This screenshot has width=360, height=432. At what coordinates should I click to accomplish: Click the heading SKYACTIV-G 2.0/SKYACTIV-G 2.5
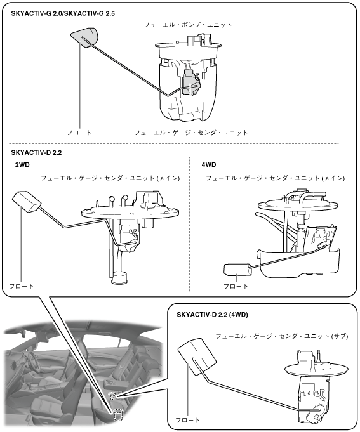pyautogui.click(x=63, y=13)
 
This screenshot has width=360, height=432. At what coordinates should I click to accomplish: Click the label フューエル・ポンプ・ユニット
pyautogui.click(x=188, y=25)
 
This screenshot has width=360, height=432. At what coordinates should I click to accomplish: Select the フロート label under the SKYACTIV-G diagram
pyautogui.click(x=79, y=133)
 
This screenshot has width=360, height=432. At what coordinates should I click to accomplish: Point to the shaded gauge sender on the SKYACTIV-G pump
pyautogui.click(x=191, y=82)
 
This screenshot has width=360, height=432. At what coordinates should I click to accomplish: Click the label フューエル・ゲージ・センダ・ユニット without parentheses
pyautogui.click(x=191, y=133)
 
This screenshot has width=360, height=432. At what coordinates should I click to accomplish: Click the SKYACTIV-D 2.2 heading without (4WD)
pyautogui.click(x=36, y=153)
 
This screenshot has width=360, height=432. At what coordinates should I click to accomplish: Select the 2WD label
pyautogui.click(x=22, y=165)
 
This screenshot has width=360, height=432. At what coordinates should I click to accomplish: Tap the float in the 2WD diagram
pyautogui.click(x=27, y=202)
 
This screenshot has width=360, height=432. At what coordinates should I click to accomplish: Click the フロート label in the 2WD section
pyautogui.click(x=22, y=286)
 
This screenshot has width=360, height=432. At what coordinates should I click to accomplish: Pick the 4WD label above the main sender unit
pyautogui.click(x=209, y=165)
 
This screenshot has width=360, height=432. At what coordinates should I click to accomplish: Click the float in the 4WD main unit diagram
pyautogui.click(x=237, y=270)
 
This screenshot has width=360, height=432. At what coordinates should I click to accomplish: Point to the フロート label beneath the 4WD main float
pyautogui.click(x=236, y=286)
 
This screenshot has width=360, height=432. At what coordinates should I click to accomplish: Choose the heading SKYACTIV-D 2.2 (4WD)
pyautogui.click(x=212, y=315)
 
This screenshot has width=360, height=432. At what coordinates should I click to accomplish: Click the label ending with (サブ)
pyautogui.click(x=282, y=336)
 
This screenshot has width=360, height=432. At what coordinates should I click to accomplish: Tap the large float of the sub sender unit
pyautogui.click(x=197, y=357)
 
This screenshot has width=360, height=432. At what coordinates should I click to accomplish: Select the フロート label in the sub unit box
pyautogui.click(x=188, y=420)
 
